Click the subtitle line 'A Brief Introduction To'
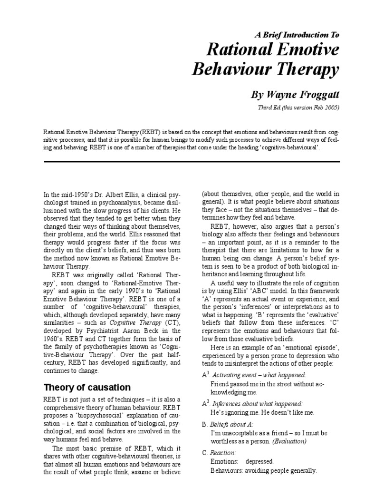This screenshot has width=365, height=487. click(298, 35)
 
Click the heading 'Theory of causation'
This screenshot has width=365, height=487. click(87, 386)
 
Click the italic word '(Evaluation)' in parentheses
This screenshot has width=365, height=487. click(290, 440)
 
